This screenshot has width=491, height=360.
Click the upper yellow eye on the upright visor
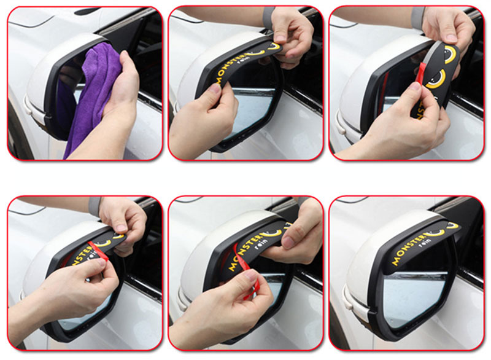tap(450, 52)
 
